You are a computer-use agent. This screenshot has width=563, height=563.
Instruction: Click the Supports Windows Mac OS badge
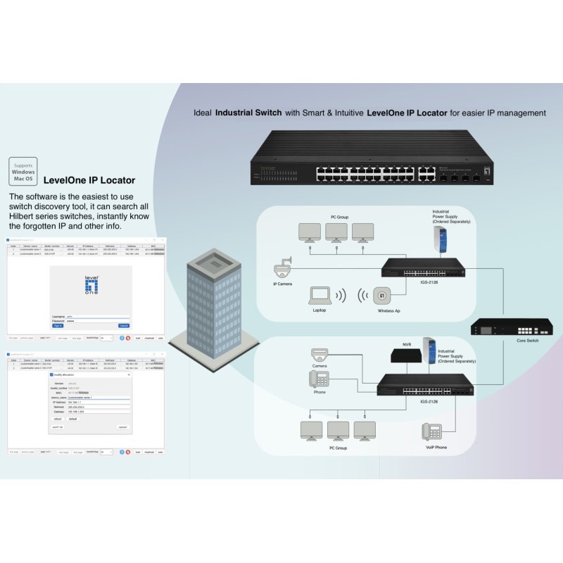(x=23, y=171)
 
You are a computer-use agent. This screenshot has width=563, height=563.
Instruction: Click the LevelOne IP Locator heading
(x=89, y=180)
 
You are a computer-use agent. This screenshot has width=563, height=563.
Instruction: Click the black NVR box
(x=405, y=355)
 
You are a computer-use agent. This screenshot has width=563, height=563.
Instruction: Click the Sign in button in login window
(x=58, y=326)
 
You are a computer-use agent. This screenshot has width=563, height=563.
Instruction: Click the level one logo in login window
(x=92, y=287)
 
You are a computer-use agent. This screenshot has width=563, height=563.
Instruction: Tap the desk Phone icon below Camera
(x=319, y=379)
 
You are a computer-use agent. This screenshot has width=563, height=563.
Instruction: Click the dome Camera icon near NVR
(x=320, y=355)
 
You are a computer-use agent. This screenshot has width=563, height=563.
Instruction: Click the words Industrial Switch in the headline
(x=248, y=113)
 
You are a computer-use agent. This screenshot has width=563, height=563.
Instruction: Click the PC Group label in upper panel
(x=339, y=217)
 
